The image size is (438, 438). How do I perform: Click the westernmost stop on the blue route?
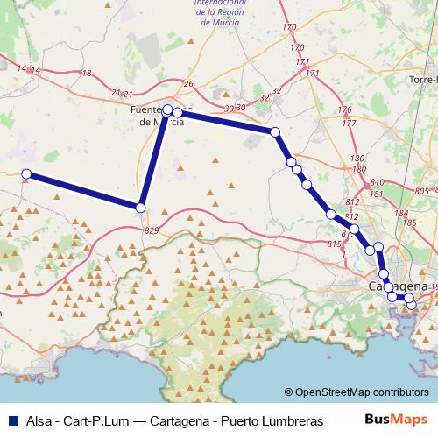26,174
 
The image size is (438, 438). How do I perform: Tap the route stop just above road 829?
140,208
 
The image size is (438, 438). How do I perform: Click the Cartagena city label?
399,286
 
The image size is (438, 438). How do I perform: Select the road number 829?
152,230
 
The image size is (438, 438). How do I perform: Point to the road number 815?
333,244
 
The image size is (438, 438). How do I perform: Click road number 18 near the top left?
86,74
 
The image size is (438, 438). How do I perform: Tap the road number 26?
187,84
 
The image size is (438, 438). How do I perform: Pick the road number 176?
344,109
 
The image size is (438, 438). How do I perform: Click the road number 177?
350,124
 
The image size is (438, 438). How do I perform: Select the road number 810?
378,181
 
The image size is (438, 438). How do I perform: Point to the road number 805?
421,191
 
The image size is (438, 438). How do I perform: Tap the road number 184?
400,213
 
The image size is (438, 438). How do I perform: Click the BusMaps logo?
396,420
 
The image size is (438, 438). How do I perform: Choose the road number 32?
277,90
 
